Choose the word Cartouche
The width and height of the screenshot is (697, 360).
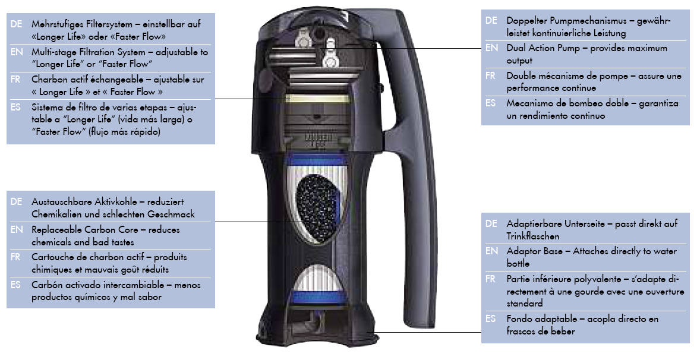[x=54, y=257]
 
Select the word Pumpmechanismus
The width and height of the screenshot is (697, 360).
[x=579, y=21]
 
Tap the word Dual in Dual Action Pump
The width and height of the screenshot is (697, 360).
[x=516, y=48]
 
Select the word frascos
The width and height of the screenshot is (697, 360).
[x=523, y=331]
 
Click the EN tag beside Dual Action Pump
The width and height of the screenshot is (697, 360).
[x=491, y=48]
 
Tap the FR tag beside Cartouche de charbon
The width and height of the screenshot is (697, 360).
[x=16, y=257]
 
